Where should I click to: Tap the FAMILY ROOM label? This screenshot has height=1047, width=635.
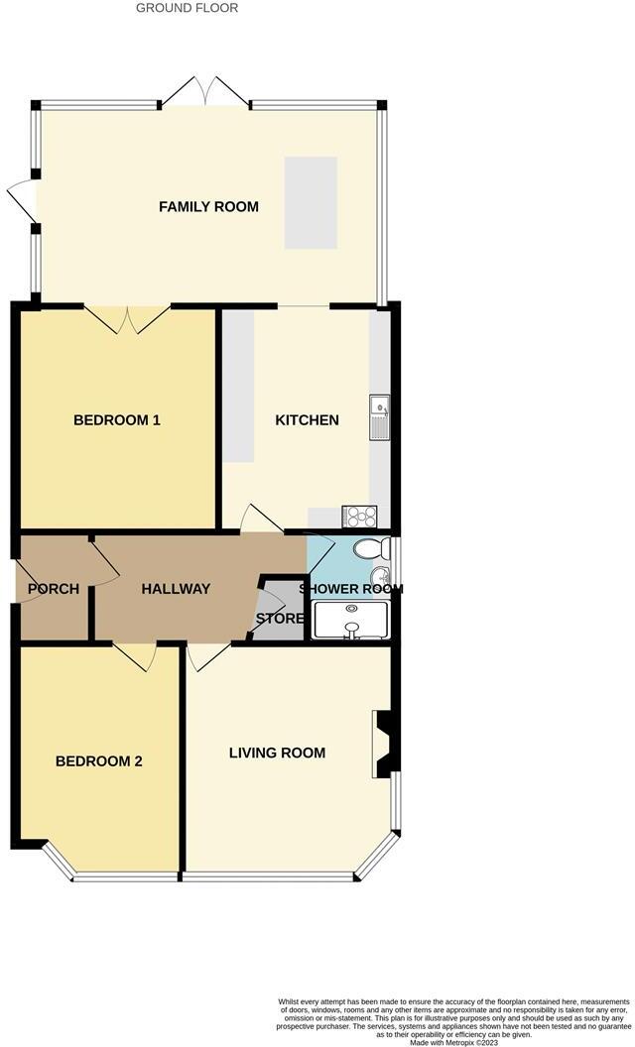point(208,207)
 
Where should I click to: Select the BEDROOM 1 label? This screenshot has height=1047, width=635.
point(117,420)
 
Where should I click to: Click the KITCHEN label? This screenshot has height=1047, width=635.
point(307,420)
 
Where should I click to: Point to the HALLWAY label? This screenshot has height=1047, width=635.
point(176,589)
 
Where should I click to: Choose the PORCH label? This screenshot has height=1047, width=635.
point(54,589)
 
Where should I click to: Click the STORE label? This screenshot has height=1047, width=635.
point(280,620)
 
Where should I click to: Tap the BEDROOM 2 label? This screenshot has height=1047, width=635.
point(98,761)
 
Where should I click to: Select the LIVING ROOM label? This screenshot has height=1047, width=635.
point(277,753)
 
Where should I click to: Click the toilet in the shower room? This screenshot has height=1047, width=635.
point(374,549)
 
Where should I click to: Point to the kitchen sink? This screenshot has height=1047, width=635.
point(379,417)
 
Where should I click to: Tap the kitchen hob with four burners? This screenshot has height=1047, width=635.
point(358,517)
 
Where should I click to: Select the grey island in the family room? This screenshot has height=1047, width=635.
point(311,203)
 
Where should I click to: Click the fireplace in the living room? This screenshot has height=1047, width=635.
point(382,744)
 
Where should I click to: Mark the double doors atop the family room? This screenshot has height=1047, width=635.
point(205,91)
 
